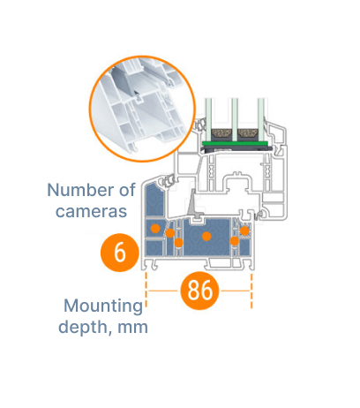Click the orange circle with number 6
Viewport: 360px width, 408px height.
pyautogui.click(x=119, y=253)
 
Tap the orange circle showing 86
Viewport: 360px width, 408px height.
pyautogui.click(x=199, y=291)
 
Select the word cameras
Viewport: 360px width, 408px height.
pyautogui.click(x=91, y=211)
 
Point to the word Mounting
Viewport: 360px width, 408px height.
pyautogui.click(x=103, y=306)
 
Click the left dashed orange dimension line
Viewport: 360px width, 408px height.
pyautogui.click(x=146, y=291)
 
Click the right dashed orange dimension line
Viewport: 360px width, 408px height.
pyautogui.click(x=251, y=291)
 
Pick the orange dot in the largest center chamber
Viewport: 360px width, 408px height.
pyautogui.click(x=206, y=236)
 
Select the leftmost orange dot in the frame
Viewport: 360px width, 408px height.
pyautogui.click(x=155, y=228)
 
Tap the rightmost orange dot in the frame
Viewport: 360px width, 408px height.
pyautogui.click(x=244, y=230)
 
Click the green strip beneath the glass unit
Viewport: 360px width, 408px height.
pyautogui.click(x=235, y=144)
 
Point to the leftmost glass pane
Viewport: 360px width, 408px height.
pyautogui.click(x=208, y=119)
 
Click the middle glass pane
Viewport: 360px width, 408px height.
pyautogui.click(x=235, y=119)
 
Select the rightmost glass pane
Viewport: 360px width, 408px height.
pyautogui.click(x=261, y=119)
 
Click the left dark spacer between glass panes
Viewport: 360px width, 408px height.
pyautogui.click(x=221, y=135)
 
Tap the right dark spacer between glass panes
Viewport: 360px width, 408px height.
pyautogui.click(x=248, y=135)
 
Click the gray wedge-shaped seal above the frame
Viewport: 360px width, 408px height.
pyautogui.click(x=193, y=204)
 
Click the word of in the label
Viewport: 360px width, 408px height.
pyautogui.click(x=127, y=190)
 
